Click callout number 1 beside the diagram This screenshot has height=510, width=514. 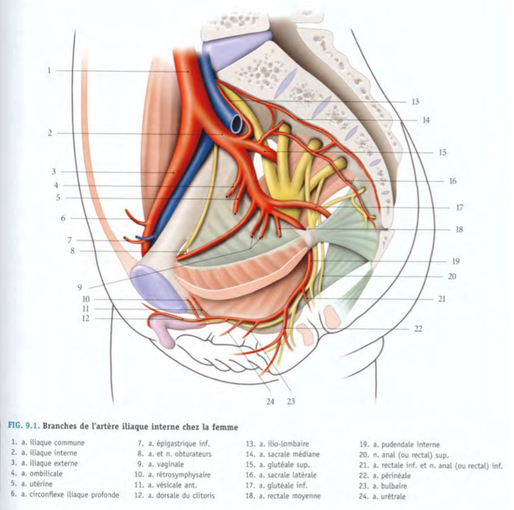pyautogui.click(x=49, y=70)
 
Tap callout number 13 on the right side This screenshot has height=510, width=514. pyautogui.click(x=415, y=102)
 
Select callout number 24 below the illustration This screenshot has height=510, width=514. pyautogui.click(x=270, y=401)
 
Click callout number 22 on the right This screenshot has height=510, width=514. pyautogui.click(x=418, y=329)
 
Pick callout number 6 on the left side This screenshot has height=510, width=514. pyautogui.click(x=63, y=218)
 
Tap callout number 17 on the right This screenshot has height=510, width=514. pyautogui.click(x=459, y=208)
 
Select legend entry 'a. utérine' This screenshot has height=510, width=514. pyautogui.click(x=39, y=484)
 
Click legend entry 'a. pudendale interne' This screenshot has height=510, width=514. pyautogui.click(x=400, y=444)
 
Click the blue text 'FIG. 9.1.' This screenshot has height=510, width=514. pyautogui.click(x=24, y=427)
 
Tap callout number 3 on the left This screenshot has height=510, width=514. pyautogui.click(x=54, y=172)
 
